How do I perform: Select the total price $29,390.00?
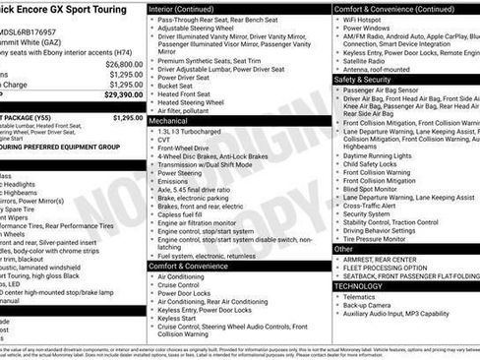(x=123, y=94)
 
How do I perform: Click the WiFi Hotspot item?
(x=364, y=19)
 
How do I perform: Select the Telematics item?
(x=359, y=296)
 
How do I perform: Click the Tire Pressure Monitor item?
(x=375, y=238)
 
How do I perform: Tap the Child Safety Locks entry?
(x=373, y=163)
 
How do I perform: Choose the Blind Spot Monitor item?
(x=374, y=189)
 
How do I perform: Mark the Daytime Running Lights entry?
(x=378, y=155)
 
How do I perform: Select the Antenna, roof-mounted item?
(x=378, y=69)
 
